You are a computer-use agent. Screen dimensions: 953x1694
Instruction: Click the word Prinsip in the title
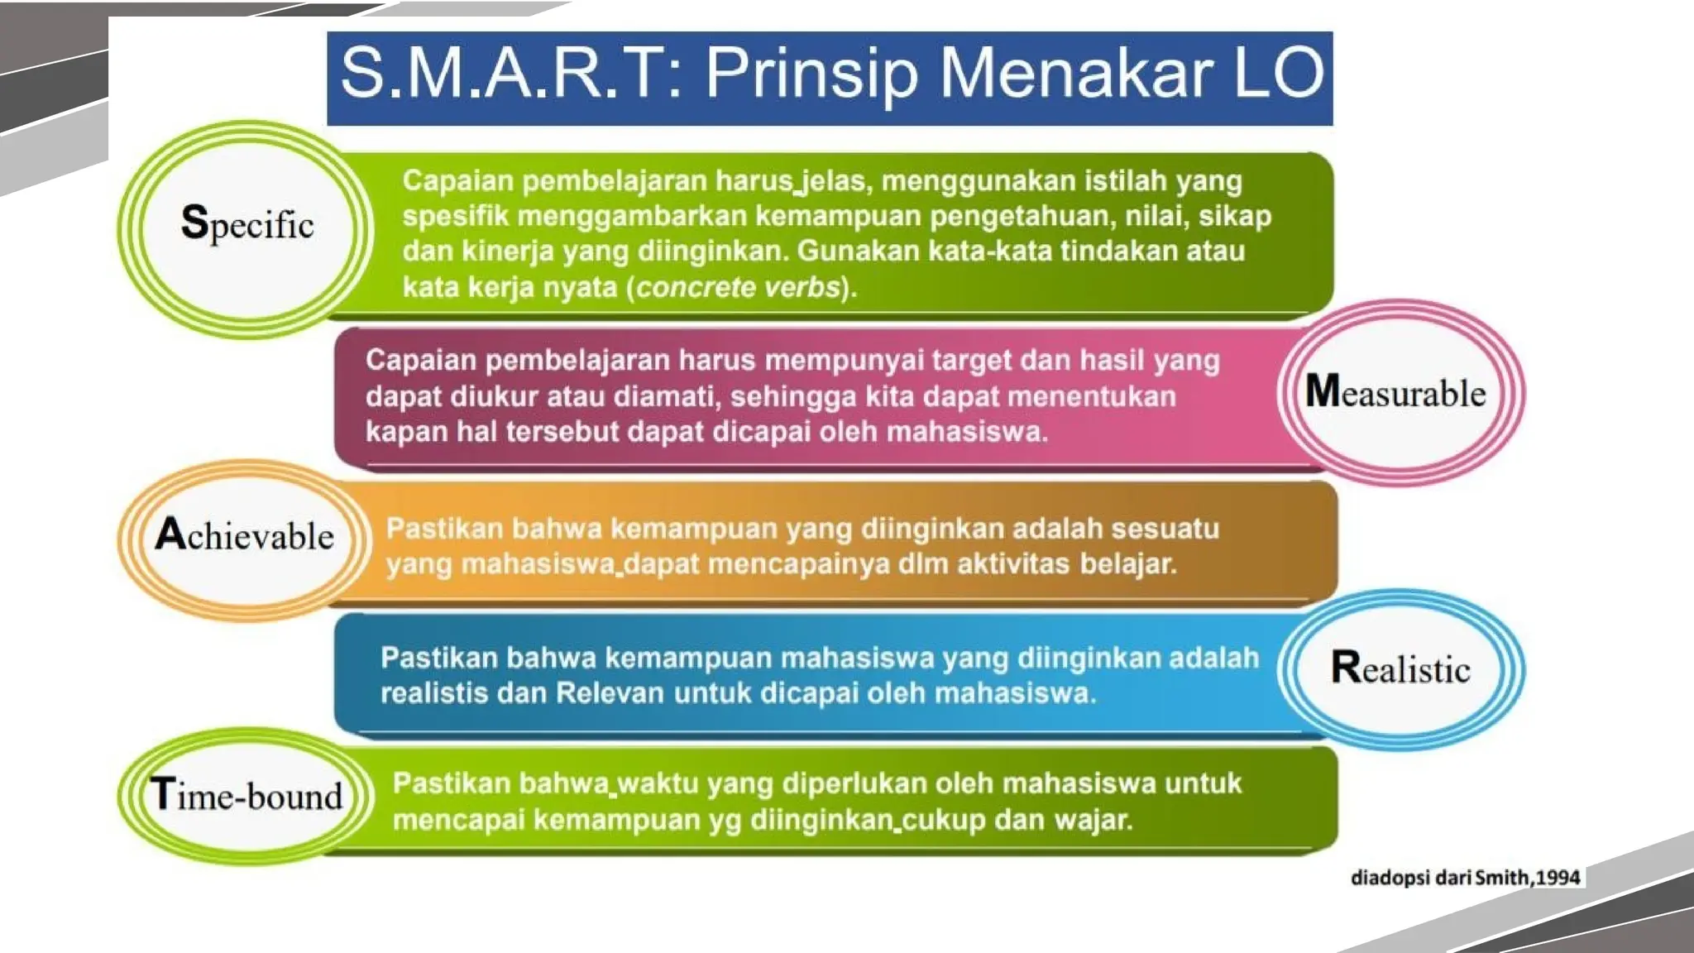point(811,74)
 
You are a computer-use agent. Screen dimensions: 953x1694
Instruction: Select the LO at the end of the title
point(1279,74)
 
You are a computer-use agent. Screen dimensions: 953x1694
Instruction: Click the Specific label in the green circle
point(247,224)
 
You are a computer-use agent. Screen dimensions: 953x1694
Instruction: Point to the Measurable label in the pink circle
point(1395,392)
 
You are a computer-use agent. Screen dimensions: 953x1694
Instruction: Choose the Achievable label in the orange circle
point(245,535)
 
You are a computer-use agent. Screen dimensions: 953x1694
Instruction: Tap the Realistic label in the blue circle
point(1400,668)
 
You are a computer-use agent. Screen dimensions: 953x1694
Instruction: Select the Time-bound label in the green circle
point(246,795)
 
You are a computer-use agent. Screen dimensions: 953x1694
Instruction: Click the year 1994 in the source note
point(1558,878)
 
